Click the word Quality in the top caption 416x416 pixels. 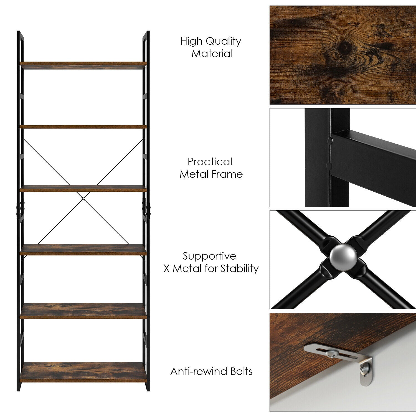tap(224, 41)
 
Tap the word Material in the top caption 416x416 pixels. tap(212, 53)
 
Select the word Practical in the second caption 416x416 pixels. tap(210, 162)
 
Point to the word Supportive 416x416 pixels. tap(209, 256)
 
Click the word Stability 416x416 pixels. tap(240, 268)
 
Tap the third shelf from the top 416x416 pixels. tap(83, 188)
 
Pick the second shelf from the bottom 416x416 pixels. tap(83, 311)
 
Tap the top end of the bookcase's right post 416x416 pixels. tap(146, 32)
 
